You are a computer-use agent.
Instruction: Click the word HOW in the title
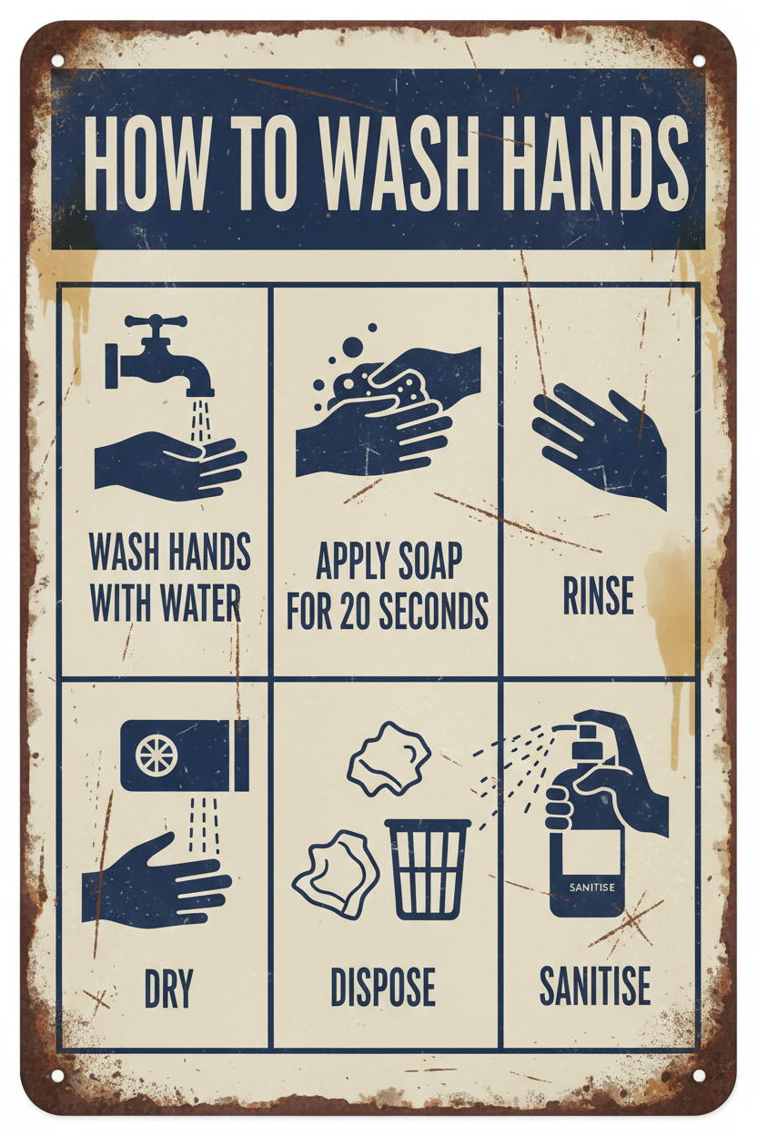point(147,164)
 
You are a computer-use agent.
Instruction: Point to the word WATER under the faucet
point(202,603)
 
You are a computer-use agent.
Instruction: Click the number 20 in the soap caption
point(357,610)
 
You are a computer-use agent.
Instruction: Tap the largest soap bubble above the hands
point(353,348)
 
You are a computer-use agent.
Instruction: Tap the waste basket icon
point(429,868)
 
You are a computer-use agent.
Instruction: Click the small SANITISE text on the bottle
point(591,887)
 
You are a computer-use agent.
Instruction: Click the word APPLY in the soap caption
point(352,562)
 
